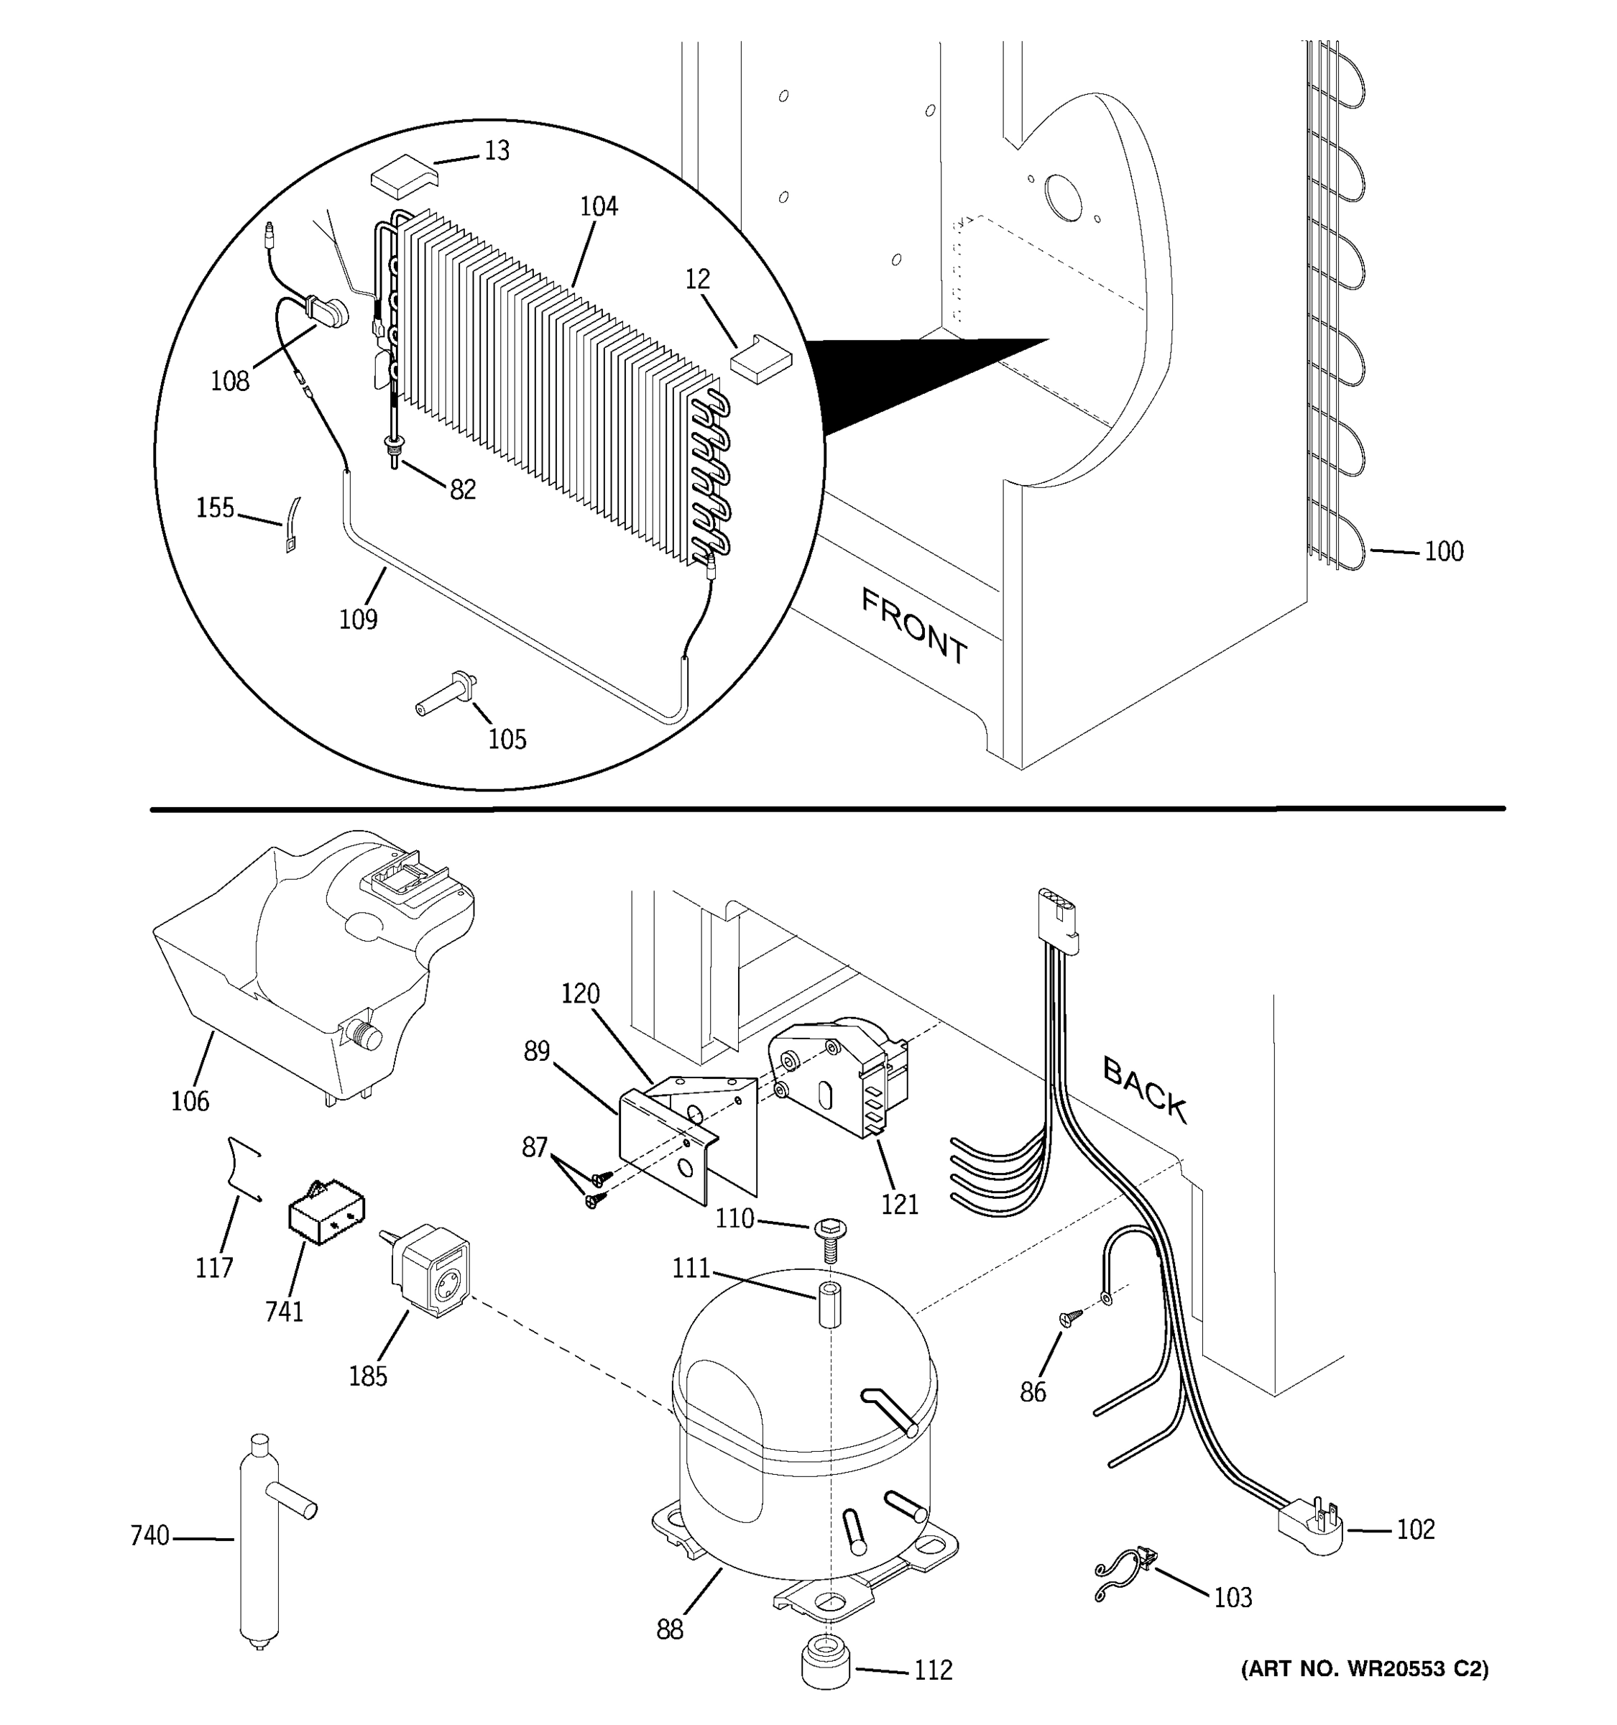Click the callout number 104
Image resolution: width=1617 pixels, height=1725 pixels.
coord(599,206)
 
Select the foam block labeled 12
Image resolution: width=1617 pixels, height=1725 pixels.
coord(762,359)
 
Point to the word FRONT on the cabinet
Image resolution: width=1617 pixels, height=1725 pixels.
coord(913,625)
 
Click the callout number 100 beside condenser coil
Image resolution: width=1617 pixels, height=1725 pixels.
coord(1444,552)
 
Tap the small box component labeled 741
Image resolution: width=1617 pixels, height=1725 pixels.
coord(326,1213)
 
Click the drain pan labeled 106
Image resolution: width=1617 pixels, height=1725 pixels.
coord(303,972)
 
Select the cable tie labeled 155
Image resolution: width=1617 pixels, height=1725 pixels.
coord(292,524)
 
